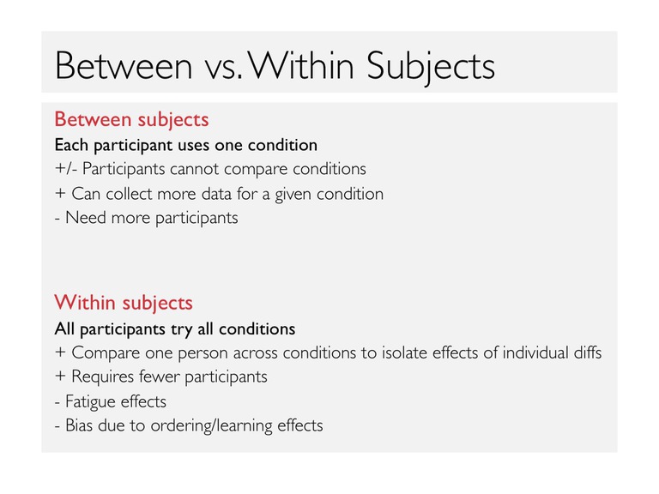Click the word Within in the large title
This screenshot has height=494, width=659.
[302, 65]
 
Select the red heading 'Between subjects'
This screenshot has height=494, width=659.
[131, 120]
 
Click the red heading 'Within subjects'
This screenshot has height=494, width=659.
[124, 303]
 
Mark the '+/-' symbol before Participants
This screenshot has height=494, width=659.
[66, 168]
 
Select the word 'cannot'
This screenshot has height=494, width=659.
[195, 169]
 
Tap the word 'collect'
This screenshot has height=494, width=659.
[129, 194]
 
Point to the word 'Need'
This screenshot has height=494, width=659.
[86, 218]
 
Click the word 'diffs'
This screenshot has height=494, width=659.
[588, 352]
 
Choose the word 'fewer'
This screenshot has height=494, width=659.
[160, 377]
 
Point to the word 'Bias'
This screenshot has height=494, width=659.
[79, 425]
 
